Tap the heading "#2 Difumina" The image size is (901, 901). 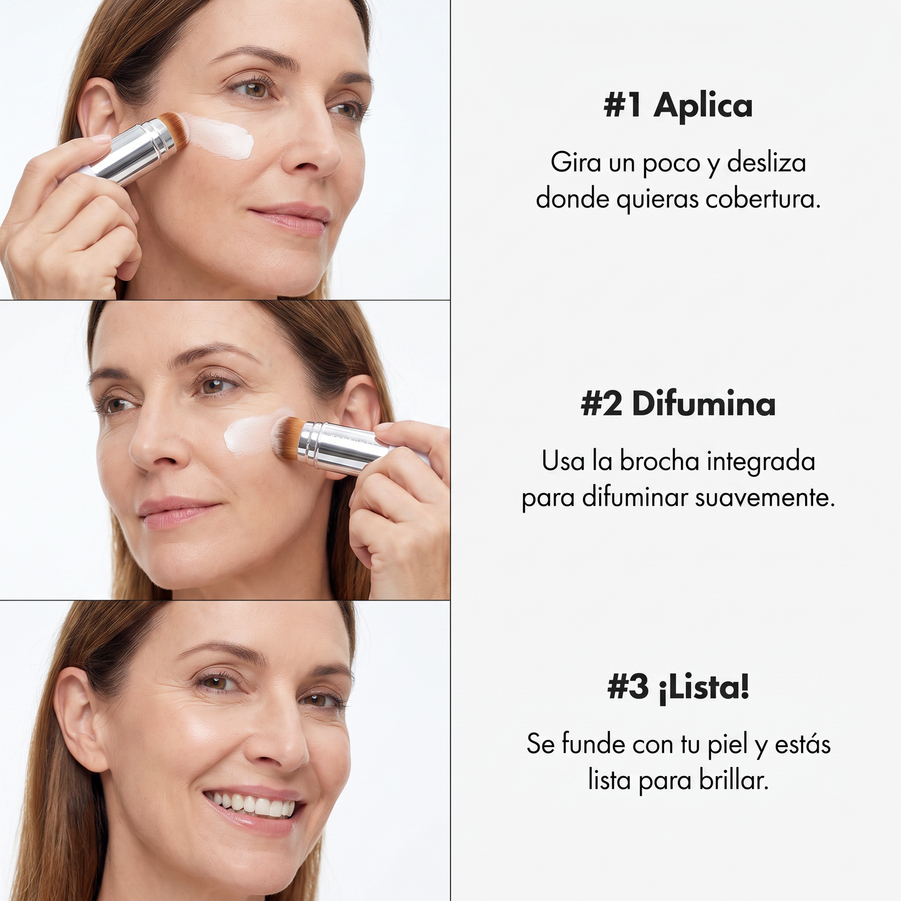(678, 405)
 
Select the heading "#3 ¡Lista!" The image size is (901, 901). (678, 687)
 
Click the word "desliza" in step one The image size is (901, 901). (767, 163)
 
